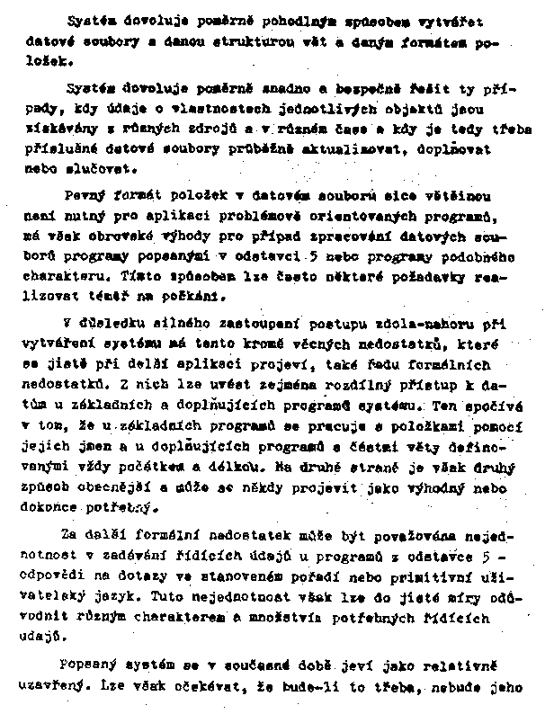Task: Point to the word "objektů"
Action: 406,111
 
